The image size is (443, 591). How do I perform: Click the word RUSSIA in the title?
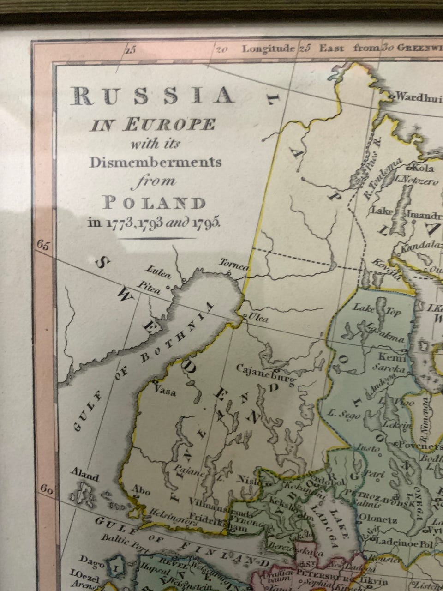(152, 96)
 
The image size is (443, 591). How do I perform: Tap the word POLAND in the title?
(154, 203)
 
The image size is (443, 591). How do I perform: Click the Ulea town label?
(258, 317)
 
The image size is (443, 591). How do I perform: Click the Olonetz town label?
(378, 520)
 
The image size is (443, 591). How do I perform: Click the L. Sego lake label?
(342, 415)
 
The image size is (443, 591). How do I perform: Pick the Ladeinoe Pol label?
(404, 544)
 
